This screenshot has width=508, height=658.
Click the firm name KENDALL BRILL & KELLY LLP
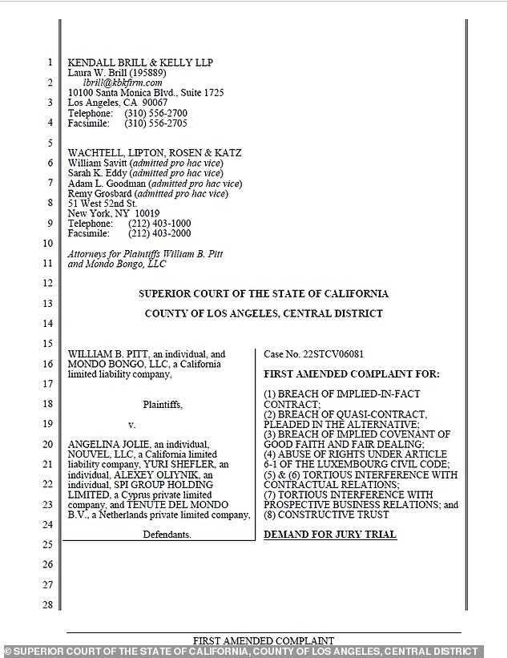[x=140, y=63]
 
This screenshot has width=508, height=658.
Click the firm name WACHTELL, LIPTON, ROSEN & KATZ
[x=155, y=153]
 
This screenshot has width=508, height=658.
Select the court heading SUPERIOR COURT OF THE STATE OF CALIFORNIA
[x=264, y=294]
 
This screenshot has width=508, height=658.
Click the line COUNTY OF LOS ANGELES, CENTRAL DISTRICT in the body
[x=264, y=313]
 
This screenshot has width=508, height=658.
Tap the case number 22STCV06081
[x=337, y=354]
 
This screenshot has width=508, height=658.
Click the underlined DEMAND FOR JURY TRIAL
[x=330, y=535]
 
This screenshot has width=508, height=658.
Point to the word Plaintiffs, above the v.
[x=163, y=405]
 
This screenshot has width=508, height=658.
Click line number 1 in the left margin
[x=49, y=63]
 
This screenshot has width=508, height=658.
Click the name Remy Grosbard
[x=100, y=193]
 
